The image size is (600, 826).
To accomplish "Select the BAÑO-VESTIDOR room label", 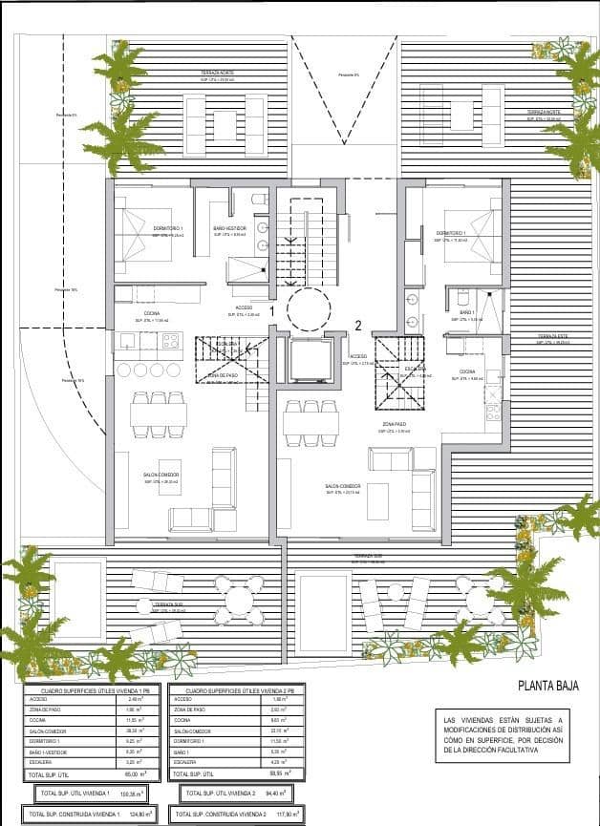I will [229, 228].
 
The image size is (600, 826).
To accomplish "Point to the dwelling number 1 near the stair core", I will [272, 310].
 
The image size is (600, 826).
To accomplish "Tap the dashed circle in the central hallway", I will [308, 308].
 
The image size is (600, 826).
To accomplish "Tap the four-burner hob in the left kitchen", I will [171, 340].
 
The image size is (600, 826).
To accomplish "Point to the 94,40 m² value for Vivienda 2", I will [276, 793].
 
